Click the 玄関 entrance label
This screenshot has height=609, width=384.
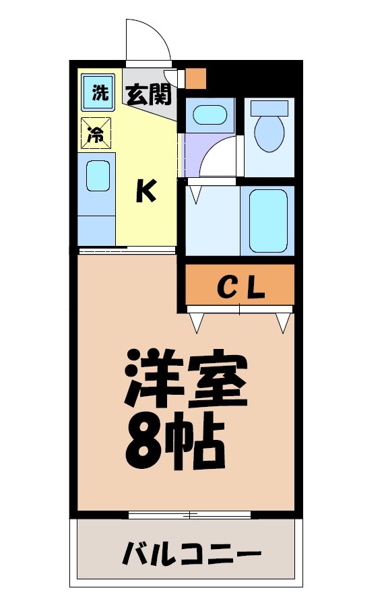click(x=147, y=95)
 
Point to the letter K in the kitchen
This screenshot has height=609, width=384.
click(x=146, y=192)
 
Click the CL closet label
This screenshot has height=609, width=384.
click(x=241, y=288)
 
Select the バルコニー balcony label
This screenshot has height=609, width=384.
click(x=191, y=555)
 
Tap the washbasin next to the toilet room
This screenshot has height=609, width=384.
click(x=210, y=115)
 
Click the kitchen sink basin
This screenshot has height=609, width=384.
click(x=98, y=177)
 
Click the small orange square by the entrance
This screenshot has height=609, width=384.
click(x=195, y=78)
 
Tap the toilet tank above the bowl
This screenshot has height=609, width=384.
click(x=269, y=108)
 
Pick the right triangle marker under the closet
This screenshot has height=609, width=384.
click(x=283, y=323)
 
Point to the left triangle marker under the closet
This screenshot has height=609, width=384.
click(x=197, y=323)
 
